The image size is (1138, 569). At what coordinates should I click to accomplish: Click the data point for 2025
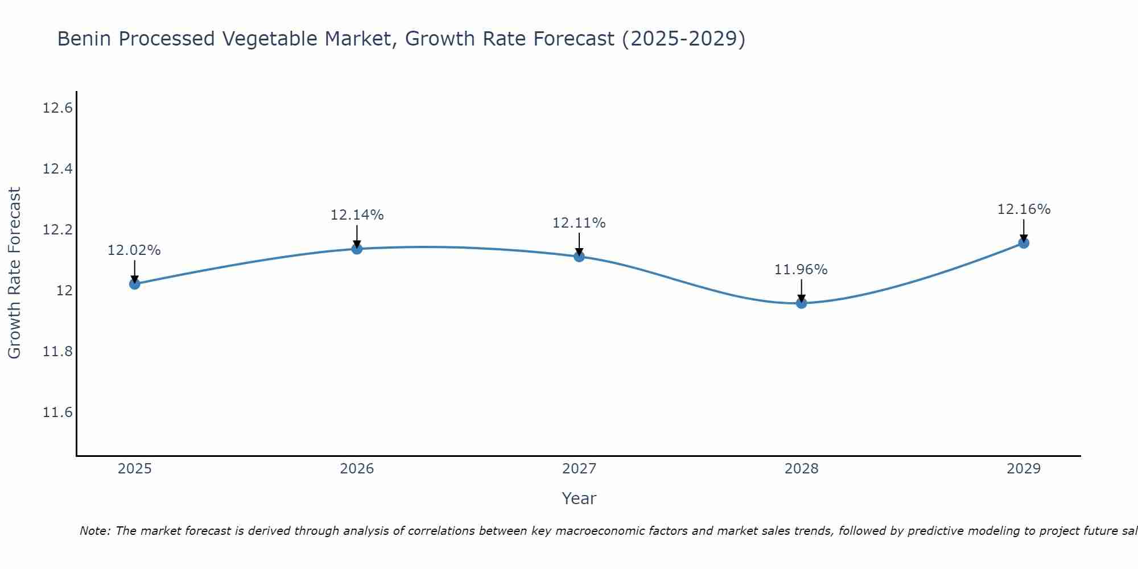(134, 284)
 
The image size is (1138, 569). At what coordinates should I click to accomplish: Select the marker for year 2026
(357, 249)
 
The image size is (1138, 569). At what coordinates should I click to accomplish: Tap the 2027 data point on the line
(579, 257)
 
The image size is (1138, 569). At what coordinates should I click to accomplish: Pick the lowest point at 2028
(801, 303)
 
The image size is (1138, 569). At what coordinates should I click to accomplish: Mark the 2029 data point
(1024, 243)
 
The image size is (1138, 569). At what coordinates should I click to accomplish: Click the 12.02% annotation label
(134, 250)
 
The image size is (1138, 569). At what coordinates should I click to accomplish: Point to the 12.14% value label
(357, 215)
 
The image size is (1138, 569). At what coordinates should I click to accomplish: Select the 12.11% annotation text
(579, 223)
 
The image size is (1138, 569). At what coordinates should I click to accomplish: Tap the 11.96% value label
(801, 270)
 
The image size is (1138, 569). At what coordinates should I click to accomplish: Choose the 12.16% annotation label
(1024, 209)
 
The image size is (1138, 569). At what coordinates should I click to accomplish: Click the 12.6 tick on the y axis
(57, 108)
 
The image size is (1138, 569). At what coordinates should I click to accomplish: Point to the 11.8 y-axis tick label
(57, 352)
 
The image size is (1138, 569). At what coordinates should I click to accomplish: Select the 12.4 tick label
(57, 169)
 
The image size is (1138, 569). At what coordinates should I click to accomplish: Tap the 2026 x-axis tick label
(357, 469)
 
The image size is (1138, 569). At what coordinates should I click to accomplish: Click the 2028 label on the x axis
(801, 469)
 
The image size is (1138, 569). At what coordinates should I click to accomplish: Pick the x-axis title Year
(579, 498)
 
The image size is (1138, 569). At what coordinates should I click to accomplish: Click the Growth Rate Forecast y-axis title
(14, 273)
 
